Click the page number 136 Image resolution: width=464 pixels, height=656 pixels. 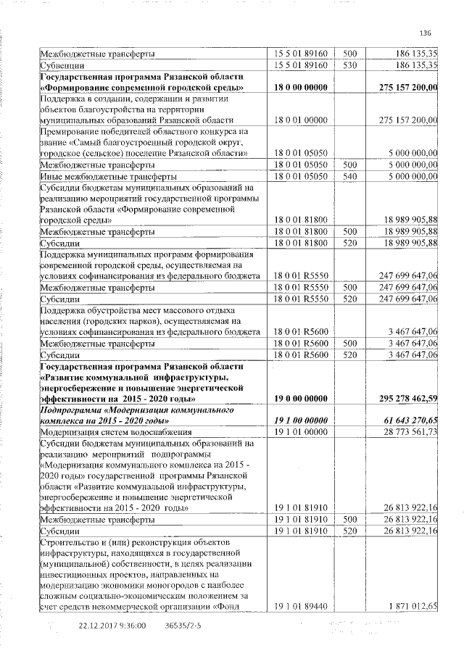[x=425, y=32]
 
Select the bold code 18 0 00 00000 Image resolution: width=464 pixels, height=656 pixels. [x=299, y=88]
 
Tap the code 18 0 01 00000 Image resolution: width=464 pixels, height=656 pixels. [x=298, y=120]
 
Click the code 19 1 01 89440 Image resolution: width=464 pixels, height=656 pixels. [x=299, y=605]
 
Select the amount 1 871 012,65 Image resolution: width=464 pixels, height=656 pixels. [x=411, y=605]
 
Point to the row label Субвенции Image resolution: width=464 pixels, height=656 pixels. [x=60, y=65]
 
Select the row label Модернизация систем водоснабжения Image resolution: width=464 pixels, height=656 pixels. [x=105, y=432]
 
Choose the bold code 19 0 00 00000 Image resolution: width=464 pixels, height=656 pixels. [x=299, y=399]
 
